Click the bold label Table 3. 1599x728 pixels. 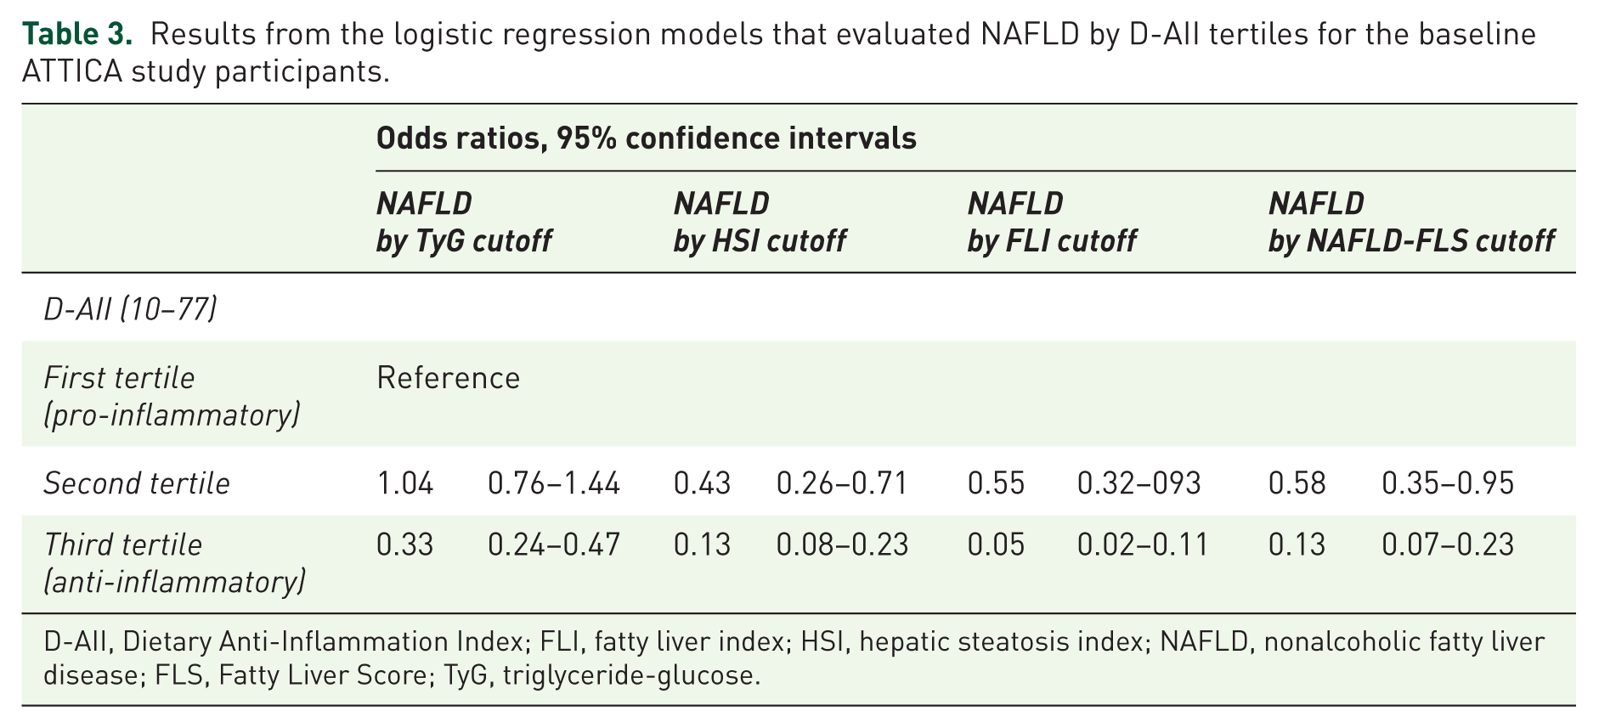(77, 34)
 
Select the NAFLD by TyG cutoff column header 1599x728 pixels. (464, 223)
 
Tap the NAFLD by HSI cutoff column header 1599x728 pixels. (760, 223)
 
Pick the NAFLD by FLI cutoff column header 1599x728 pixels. (1052, 223)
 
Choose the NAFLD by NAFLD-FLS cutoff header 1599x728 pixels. (1411, 223)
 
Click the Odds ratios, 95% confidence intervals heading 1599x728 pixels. (647, 138)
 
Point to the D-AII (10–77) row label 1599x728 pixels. (130, 309)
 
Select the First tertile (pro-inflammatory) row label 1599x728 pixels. (172, 397)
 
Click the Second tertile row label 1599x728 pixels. (137, 483)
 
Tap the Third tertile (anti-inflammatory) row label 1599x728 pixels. (175, 563)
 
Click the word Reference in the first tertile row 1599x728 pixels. (449, 378)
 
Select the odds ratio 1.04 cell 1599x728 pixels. (405, 484)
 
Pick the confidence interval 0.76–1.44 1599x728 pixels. (554, 484)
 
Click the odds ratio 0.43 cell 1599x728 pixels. (702, 484)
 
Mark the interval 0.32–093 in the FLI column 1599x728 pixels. (1139, 484)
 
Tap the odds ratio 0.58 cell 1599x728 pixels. (1297, 484)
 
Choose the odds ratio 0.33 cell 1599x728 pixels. (405, 545)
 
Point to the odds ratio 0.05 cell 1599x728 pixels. (996, 545)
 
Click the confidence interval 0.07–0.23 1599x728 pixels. (1448, 545)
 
